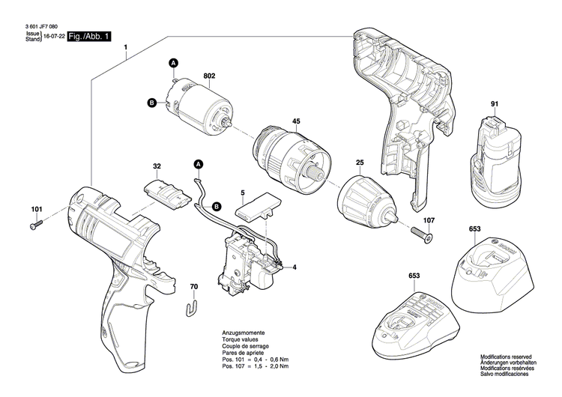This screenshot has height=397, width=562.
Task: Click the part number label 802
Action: point(209,76)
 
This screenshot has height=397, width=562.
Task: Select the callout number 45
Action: point(296,121)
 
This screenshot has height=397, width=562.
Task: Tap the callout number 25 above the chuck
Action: point(360,163)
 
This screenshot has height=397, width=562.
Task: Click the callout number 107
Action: point(429,220)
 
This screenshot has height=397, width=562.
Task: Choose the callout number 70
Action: point(193,287)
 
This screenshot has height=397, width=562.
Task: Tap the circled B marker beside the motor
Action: point(151,103)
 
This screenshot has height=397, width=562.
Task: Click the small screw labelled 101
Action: point(36,223)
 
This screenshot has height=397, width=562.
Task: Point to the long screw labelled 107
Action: point(422,234)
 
